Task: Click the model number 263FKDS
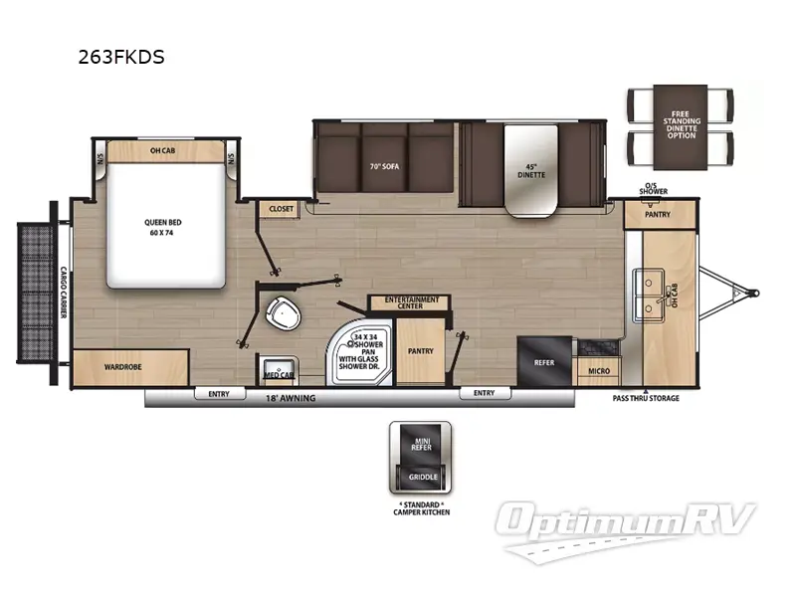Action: tap(121, 57)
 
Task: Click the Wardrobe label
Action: tap(122, 367)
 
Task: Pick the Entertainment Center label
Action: tap(408, 301)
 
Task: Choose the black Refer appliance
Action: tap(544, 363)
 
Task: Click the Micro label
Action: tap(597, 371)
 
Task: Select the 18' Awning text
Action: tap(290, 398)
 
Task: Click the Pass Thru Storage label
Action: tap(646, 398)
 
